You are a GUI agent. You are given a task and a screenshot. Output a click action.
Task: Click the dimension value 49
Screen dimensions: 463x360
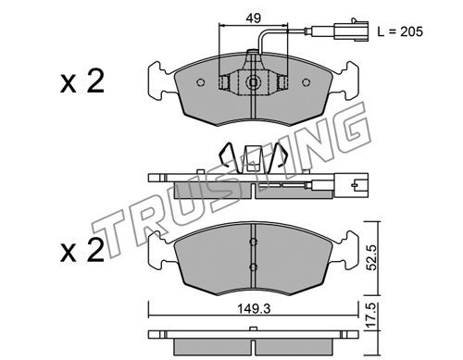253,18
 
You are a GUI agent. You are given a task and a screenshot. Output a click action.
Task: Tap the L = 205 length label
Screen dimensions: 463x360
400,31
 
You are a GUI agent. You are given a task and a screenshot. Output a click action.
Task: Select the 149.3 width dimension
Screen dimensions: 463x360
254,308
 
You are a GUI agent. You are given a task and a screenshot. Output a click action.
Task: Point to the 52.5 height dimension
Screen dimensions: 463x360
372,257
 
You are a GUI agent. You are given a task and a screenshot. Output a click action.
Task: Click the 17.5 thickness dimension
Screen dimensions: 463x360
372,316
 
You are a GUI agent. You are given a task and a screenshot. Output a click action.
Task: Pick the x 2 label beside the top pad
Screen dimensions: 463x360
82,81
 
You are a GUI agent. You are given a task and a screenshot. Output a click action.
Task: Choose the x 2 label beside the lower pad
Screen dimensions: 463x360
82,251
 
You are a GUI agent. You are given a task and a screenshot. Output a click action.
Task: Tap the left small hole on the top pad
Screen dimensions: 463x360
200,82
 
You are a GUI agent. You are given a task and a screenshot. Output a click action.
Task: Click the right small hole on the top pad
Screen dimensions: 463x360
306,82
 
